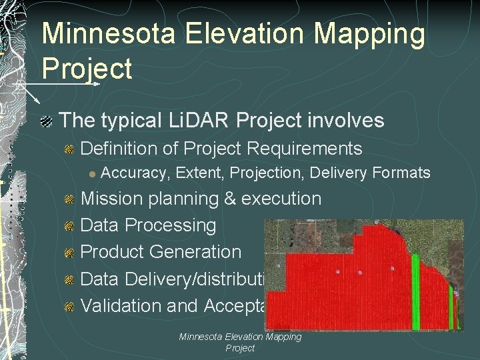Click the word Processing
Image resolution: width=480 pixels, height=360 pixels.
pyautogui.click(x=171, y=225)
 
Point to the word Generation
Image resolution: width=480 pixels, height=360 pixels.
pyautogui.click(x=195, y=252)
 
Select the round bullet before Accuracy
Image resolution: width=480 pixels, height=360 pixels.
pyautogui.click(x=93, y=174)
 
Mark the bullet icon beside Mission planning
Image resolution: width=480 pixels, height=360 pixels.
pyautogui.click(x=69, y=200)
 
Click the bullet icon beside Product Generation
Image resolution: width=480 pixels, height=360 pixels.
pyautogui.click(x=69, y=253)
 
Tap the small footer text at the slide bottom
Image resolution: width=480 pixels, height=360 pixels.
pyautogui.click(x=240, y=343)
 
